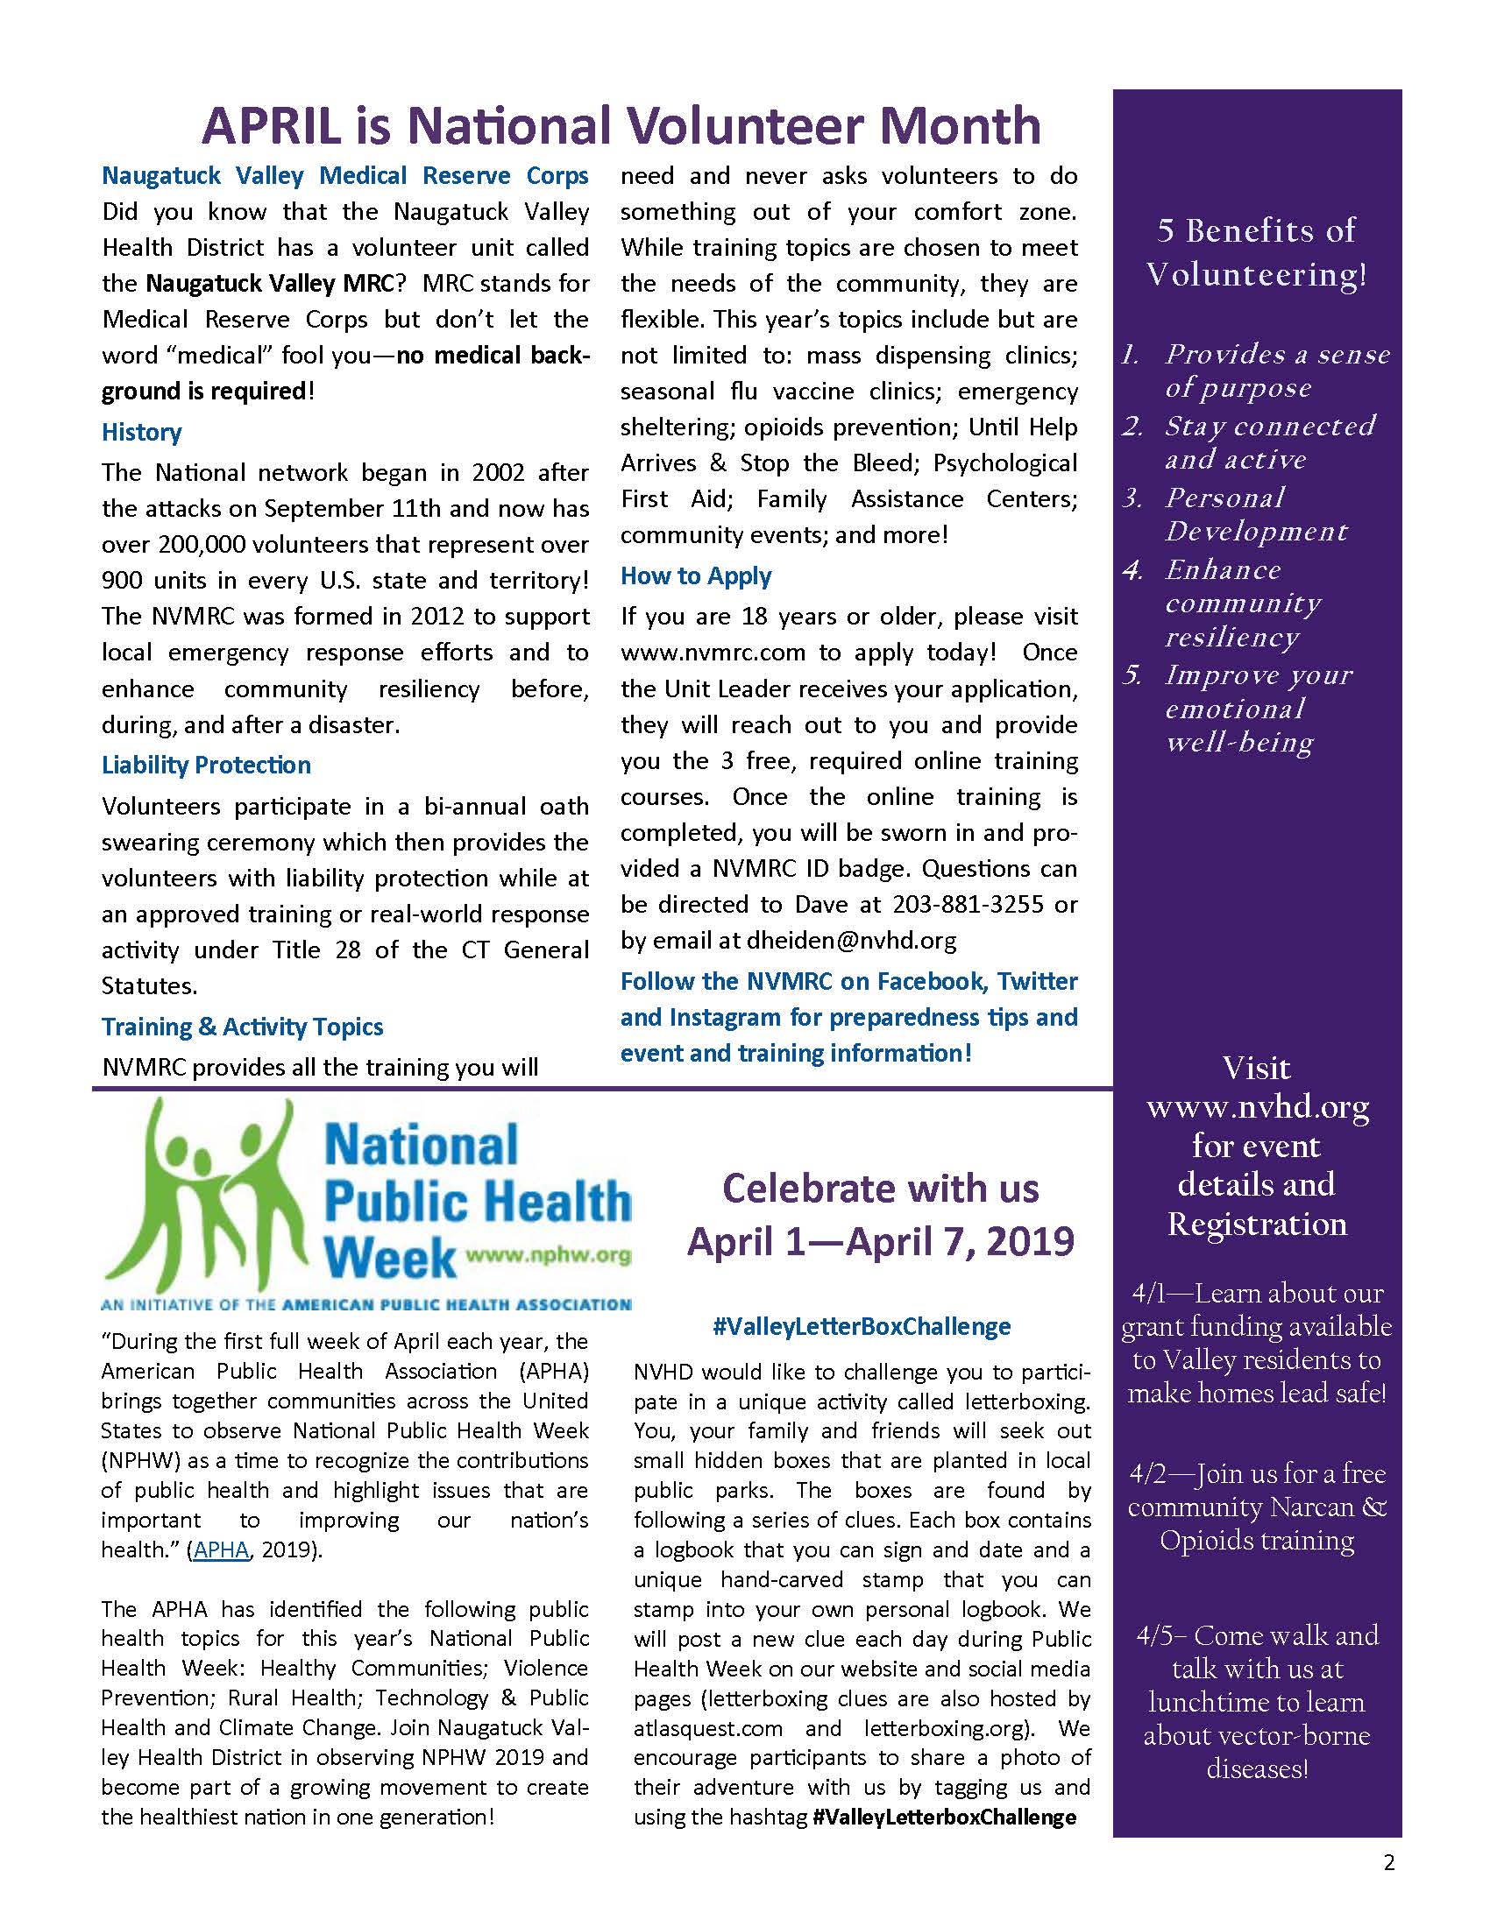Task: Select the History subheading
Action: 141,433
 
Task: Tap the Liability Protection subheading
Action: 206,765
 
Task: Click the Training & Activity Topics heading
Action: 242,1027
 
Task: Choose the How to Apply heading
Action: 696,576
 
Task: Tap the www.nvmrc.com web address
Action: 713,653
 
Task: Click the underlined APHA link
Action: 221,1549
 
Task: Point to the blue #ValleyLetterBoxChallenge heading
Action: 862,1326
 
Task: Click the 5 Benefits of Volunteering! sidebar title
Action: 1256,252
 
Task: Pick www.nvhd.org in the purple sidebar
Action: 1257,1107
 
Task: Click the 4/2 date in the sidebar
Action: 1146,1474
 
